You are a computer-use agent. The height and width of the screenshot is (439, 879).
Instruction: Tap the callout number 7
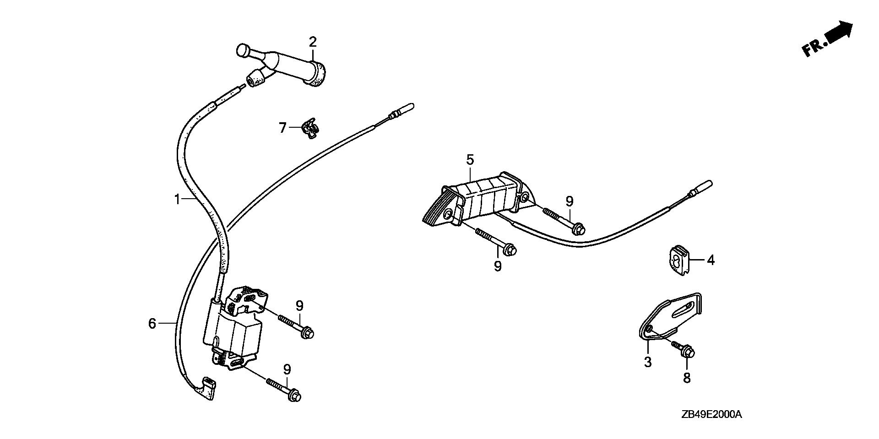(283, 127)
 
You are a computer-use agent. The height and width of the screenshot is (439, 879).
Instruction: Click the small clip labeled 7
(310, 128)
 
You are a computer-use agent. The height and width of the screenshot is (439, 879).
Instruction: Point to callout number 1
(177, 199)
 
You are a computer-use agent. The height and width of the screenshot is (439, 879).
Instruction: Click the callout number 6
(152, 324)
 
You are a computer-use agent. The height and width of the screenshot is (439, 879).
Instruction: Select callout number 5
(470, 160)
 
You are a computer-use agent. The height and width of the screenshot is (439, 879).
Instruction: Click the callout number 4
(711, 260)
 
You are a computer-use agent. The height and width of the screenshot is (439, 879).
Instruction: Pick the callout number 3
(648, 362)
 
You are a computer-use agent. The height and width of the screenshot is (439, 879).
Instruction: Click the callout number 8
(687, 378)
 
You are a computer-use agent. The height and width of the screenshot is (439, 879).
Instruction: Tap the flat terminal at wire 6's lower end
(206, 387)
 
